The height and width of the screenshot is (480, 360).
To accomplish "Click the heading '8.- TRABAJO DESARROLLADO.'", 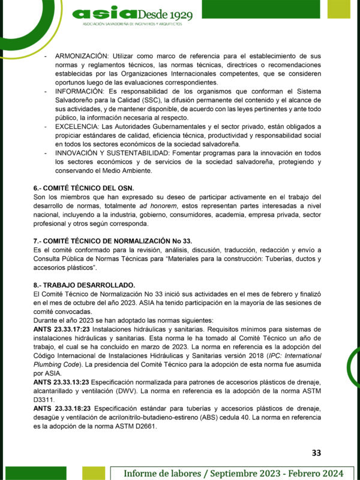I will [84, 284].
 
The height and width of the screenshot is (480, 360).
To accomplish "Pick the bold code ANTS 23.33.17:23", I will [61, 329].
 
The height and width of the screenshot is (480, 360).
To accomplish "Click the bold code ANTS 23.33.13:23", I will [61, 382].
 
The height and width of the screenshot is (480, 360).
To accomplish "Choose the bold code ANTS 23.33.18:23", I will [61, 409].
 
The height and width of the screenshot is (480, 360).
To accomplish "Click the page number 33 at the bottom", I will [316, 452].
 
